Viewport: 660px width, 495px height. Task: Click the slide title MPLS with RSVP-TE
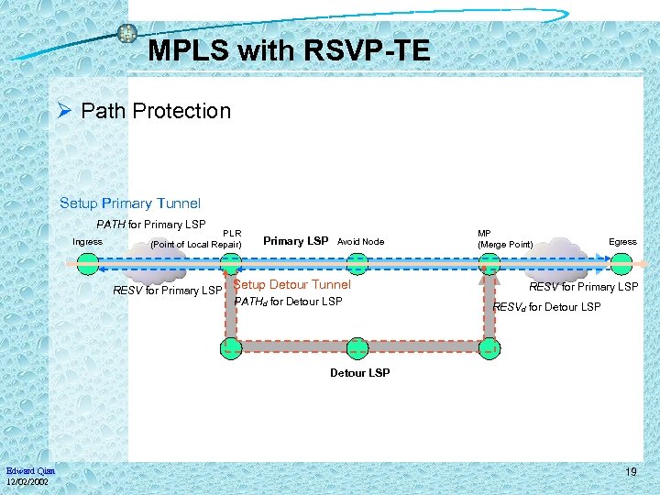point(289,50)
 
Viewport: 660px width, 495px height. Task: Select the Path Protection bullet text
point(156,111)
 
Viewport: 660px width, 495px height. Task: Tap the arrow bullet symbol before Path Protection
point(64,111)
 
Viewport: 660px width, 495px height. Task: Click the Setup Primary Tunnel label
point(129,203)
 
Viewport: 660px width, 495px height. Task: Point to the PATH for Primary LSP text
point(151,224)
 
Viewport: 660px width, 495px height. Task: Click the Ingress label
point(88,242)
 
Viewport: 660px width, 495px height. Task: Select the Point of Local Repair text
point(195,244)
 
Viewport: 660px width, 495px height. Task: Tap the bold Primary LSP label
point(295,241)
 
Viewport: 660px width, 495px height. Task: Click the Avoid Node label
point(360,242)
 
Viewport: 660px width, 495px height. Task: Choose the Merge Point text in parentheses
point(505,244)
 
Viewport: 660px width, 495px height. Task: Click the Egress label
point(622,242)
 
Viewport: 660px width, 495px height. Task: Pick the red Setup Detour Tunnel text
point(292,285)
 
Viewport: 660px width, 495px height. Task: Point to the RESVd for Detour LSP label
point(547,306)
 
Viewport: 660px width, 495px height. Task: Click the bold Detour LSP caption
point(359,372)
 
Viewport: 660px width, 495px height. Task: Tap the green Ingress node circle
point(88,264)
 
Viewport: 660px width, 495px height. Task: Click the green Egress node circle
point(622,264)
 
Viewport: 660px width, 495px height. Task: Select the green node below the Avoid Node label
point(357,264)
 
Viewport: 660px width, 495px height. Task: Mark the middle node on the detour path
point(357,348)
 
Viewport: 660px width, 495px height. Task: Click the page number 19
point(631,471)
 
